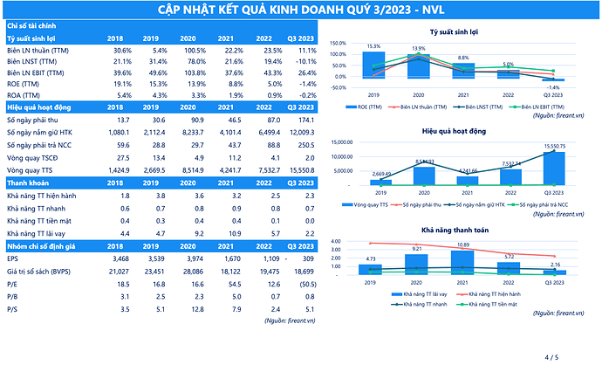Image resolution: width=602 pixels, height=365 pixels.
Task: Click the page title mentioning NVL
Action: point(300,10)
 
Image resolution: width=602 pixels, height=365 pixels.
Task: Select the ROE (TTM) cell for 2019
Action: point(147,83)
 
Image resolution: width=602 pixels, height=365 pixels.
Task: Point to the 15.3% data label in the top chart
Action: point(373,46)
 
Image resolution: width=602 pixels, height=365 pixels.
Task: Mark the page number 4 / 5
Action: point(551,356)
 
